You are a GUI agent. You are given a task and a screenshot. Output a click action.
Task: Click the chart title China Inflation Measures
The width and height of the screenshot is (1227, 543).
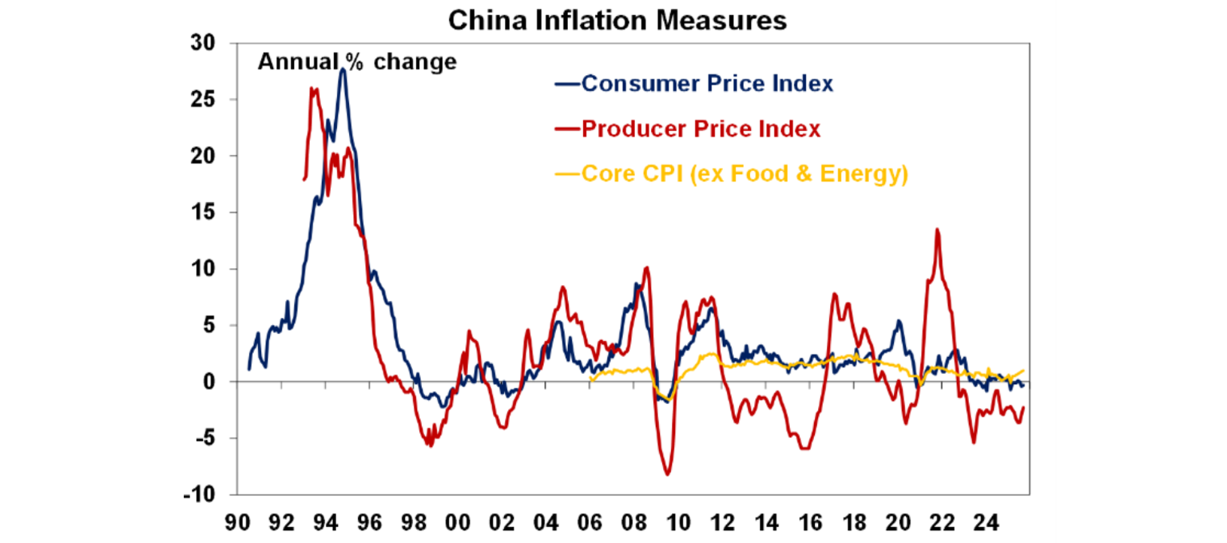click(617, 20)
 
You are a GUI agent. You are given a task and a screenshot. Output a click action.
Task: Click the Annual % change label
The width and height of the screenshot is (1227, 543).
click(357, 61)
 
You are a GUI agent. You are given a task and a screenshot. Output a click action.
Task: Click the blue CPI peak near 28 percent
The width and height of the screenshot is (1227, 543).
click(342, 69)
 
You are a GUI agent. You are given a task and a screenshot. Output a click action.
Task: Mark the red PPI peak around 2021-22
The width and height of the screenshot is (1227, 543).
click(937, 229)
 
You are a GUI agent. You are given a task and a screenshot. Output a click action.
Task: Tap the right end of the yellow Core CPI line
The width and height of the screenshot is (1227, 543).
click(1022, 371)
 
